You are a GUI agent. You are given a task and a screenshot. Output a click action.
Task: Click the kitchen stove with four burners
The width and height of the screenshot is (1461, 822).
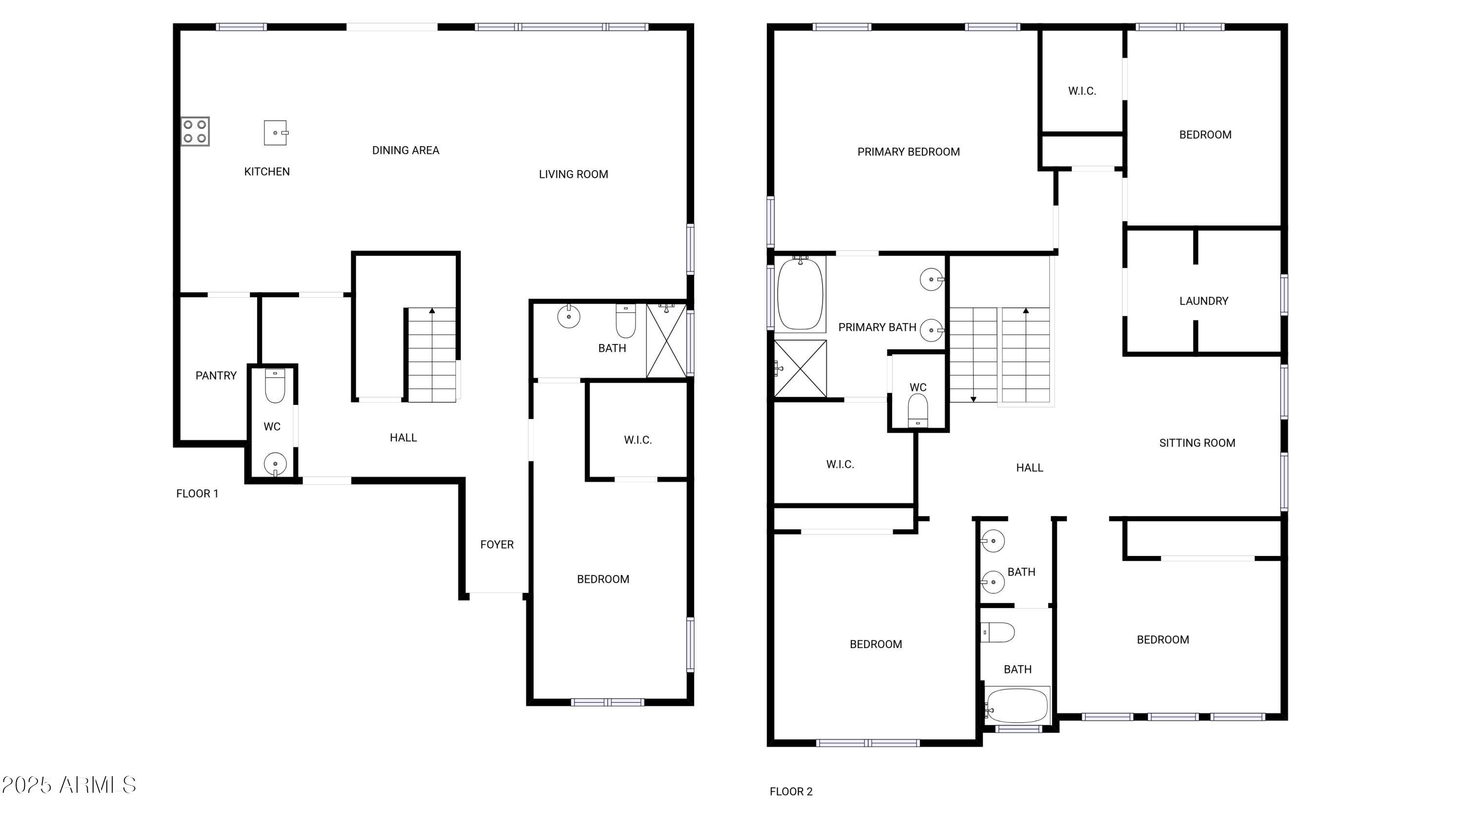click(x=195, y=131)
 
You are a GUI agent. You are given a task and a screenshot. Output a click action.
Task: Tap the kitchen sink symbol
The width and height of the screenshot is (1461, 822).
click(x=276, y=133)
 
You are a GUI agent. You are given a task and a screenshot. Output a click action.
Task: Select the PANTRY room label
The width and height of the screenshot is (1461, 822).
click(x=216, y=376)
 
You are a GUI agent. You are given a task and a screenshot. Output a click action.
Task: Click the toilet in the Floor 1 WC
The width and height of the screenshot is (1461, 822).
click(x=275, y=386)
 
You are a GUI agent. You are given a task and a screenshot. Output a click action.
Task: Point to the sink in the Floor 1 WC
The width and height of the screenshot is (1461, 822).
click(x=275, y=464)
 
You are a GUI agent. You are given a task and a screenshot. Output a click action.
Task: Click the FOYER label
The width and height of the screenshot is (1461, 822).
click(x=497, y=545)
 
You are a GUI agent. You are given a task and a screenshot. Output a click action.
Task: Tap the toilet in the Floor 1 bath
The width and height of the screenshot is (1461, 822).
click(x=626, y=321)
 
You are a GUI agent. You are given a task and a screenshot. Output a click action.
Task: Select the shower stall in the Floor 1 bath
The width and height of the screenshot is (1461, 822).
click(x=666, y=341)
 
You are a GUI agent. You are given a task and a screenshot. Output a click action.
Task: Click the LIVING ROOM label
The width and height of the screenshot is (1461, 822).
click(x=573, y=174)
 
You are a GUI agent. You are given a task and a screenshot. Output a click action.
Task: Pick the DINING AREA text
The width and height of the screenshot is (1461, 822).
click(x=406, y=151)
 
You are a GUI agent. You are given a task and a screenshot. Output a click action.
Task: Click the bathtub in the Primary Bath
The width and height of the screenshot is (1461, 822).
click(x=800, y=294)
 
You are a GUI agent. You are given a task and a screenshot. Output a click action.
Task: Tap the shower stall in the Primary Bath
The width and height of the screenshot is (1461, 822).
click(x=800, y=368)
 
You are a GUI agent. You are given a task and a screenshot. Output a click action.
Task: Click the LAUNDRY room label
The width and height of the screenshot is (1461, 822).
click(x=1204, y=301)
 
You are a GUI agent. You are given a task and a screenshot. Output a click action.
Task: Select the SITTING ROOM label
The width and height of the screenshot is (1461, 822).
click(x=1197, y=443)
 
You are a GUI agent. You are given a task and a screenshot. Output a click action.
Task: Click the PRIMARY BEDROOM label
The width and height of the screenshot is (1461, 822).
click(x=909, y=152)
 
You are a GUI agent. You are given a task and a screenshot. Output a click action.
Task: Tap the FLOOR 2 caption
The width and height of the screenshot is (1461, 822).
click(x=791, y=791)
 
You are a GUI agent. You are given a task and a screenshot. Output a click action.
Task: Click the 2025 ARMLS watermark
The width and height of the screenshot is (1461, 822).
click(x=69, y=785)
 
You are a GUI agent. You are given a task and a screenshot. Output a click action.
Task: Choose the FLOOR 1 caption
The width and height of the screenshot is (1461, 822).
click(x=197, y=494)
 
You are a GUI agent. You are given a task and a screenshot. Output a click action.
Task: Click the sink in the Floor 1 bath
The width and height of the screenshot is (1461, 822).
click(x=569, y=316)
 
